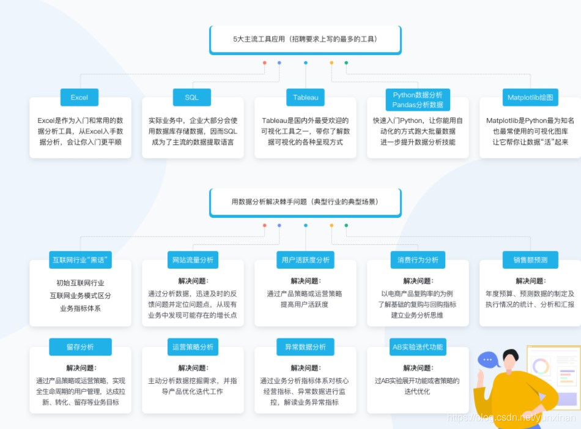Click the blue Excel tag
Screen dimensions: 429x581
pos(80,97)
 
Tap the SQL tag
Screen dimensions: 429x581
pos(191,97)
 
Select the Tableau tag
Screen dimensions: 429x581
pos(305,97)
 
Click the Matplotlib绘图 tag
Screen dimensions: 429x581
pos(530,97)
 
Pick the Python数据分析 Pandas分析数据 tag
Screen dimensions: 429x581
pos(418,100)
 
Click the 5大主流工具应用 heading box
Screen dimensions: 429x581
pos(305,39)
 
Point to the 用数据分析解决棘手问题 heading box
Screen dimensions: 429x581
pos(305,202)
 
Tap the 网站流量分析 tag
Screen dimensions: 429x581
pos(193,260)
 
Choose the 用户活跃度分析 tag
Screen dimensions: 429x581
pos(305,260)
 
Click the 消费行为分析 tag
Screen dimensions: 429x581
pos(418,260)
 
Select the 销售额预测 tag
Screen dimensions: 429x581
pos(530,260)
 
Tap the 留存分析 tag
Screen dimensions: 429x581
pos(80,347)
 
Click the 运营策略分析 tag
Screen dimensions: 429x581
pos(193,347)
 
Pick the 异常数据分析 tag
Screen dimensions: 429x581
pos(305,347)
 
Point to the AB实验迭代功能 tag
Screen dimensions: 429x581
pos(418,347)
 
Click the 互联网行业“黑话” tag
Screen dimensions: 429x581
pos(80,260)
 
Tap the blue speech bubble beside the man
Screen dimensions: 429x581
pos(488,360)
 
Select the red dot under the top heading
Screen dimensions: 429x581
pos(264,62)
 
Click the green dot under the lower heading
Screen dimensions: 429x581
pos(346,225)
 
